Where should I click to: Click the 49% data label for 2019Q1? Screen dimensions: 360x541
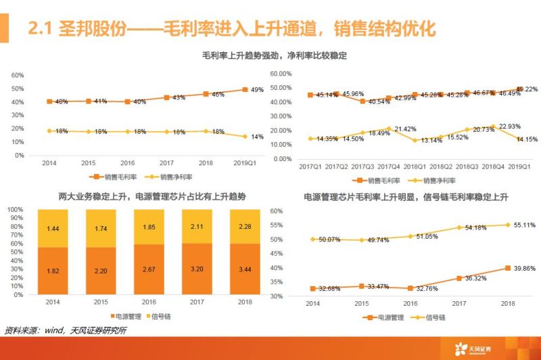258,90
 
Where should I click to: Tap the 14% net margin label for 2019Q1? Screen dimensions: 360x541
258,137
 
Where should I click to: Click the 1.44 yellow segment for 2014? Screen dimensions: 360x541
53,229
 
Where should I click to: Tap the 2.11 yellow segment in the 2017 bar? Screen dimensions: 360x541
196,227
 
